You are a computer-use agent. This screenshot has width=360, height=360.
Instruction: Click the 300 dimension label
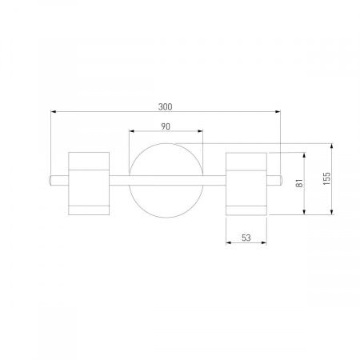tap(166, 106)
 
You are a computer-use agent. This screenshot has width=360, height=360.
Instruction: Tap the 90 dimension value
tap(166, 126)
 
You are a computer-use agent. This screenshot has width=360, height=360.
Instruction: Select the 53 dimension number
tap(246, 238)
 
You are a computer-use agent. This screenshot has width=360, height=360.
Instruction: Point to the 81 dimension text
tap(300, 183)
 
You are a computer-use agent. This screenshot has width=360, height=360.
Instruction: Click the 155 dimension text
tap(326, 178)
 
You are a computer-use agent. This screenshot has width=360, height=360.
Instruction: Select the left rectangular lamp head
tap(89, 183)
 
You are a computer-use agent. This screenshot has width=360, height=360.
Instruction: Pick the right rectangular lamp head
tap(246, 184)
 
